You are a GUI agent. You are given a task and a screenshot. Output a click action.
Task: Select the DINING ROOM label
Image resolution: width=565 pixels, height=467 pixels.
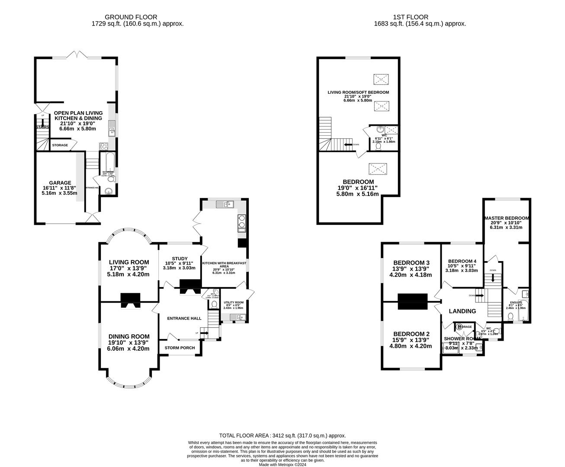[x=129, y=336]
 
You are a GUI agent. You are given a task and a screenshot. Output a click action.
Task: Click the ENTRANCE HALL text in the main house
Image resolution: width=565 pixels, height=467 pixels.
[x=184, y=318]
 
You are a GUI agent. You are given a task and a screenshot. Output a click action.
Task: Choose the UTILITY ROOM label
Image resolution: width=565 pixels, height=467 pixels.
[x=234, y=302]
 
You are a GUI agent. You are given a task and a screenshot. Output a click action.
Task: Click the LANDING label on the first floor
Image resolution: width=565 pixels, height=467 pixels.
[x=462, y=311]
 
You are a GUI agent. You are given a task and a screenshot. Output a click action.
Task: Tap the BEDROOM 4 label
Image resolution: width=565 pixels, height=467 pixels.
[x=462, y=261]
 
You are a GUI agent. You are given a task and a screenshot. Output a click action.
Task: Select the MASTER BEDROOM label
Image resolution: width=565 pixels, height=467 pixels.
[x=507, y=218]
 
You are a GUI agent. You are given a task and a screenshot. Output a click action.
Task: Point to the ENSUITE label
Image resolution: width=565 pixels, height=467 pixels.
[x=516, y=302]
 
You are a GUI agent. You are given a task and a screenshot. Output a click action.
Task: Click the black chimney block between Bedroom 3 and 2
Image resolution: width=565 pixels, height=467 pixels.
[x=412, y=301]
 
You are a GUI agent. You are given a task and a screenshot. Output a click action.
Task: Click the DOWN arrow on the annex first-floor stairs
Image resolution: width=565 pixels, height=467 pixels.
[x=349, y=144]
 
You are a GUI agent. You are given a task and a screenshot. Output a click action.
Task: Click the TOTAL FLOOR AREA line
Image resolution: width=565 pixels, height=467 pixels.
[x=282, y=436]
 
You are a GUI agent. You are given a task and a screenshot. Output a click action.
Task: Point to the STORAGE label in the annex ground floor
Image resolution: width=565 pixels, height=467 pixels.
[x=60, y=145]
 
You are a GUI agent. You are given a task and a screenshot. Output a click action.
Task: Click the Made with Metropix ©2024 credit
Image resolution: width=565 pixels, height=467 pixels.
[x=282, y=465]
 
